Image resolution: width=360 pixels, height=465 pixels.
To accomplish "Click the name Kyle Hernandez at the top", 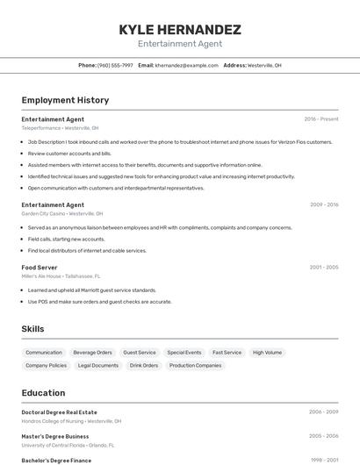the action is pos(180,30).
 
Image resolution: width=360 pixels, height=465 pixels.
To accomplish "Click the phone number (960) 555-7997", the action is pos(115,65).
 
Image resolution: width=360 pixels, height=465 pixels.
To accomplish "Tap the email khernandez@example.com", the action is pos(186,65).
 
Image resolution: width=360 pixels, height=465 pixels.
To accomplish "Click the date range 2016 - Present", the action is pos(321,119).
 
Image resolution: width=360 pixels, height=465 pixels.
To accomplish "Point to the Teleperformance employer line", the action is pos(60,128).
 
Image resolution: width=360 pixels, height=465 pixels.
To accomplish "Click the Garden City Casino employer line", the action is pos(61,213).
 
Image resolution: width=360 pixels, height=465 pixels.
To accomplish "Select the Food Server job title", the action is pos(40,267).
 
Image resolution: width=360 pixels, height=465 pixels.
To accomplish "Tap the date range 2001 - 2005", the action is pos(324,267).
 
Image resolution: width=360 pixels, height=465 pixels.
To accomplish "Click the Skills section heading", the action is pos(33,329).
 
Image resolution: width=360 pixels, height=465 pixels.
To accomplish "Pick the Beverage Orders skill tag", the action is pos(92,353).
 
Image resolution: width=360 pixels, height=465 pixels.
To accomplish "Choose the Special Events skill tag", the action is pos(184,353).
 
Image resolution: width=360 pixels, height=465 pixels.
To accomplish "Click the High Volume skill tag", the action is pos(267,353).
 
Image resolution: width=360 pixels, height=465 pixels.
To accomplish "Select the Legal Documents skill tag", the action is pos(98,365).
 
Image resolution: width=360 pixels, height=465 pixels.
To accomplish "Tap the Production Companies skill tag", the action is pos(195,365).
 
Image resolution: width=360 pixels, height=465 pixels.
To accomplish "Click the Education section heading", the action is pos(43,393).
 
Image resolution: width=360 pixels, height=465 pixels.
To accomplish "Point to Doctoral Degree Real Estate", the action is pos(60,412).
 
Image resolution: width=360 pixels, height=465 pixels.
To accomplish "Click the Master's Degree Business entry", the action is pos(55,436).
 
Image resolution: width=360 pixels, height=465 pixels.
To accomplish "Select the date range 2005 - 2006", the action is pos(323,435).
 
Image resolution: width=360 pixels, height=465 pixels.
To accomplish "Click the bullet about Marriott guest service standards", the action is pos(91,290).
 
